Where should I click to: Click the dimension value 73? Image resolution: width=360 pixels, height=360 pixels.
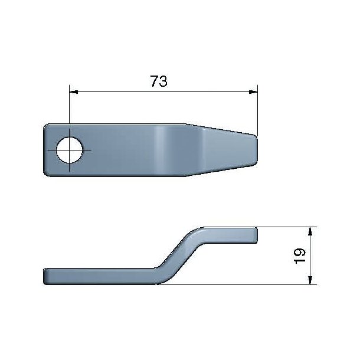(x=158, y=81)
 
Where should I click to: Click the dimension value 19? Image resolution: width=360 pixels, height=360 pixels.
(x=299, y=256)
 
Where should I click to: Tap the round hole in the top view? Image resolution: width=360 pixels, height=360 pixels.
(x=70, y=150)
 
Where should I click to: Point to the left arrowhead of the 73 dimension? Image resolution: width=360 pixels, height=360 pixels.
(x=73, y=91)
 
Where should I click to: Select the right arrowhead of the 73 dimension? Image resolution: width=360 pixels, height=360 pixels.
(x=254, y=91)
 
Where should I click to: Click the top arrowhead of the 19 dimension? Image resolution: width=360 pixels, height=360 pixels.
(x=310, y=230)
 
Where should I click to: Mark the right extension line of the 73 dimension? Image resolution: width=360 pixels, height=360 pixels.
(x=258, y=112)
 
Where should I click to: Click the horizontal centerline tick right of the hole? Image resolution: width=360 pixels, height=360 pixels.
(x=88, y=150)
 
